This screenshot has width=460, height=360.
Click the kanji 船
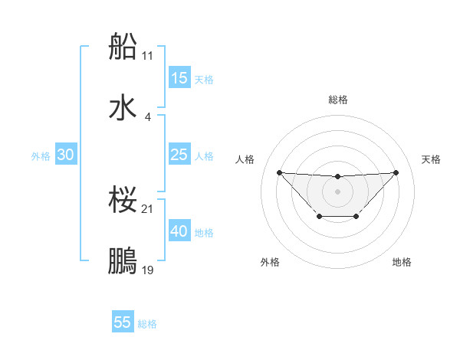(123, 47)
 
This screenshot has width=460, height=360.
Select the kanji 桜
(123, 201)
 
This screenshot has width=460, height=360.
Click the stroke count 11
(148, 56)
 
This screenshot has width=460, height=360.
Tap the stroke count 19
(148, 270)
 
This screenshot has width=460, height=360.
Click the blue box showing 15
(179, 78)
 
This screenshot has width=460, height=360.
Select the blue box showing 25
(179, 155)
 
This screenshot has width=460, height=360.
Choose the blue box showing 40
(179, 231)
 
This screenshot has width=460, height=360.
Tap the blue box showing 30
(66, 155)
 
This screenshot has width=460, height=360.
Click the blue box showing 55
(123, 322)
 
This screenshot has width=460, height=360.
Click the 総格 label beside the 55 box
(147, 324)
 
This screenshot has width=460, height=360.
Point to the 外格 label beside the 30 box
(41, 156)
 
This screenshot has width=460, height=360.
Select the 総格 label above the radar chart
(337, 100)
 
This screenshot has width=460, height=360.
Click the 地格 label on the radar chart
(402, 262)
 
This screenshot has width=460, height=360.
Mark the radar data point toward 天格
(396, 172)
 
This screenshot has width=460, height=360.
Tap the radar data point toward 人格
(279, 172)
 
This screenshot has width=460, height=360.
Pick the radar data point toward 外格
(319, 217)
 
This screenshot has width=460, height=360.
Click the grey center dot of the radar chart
(337, 191)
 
